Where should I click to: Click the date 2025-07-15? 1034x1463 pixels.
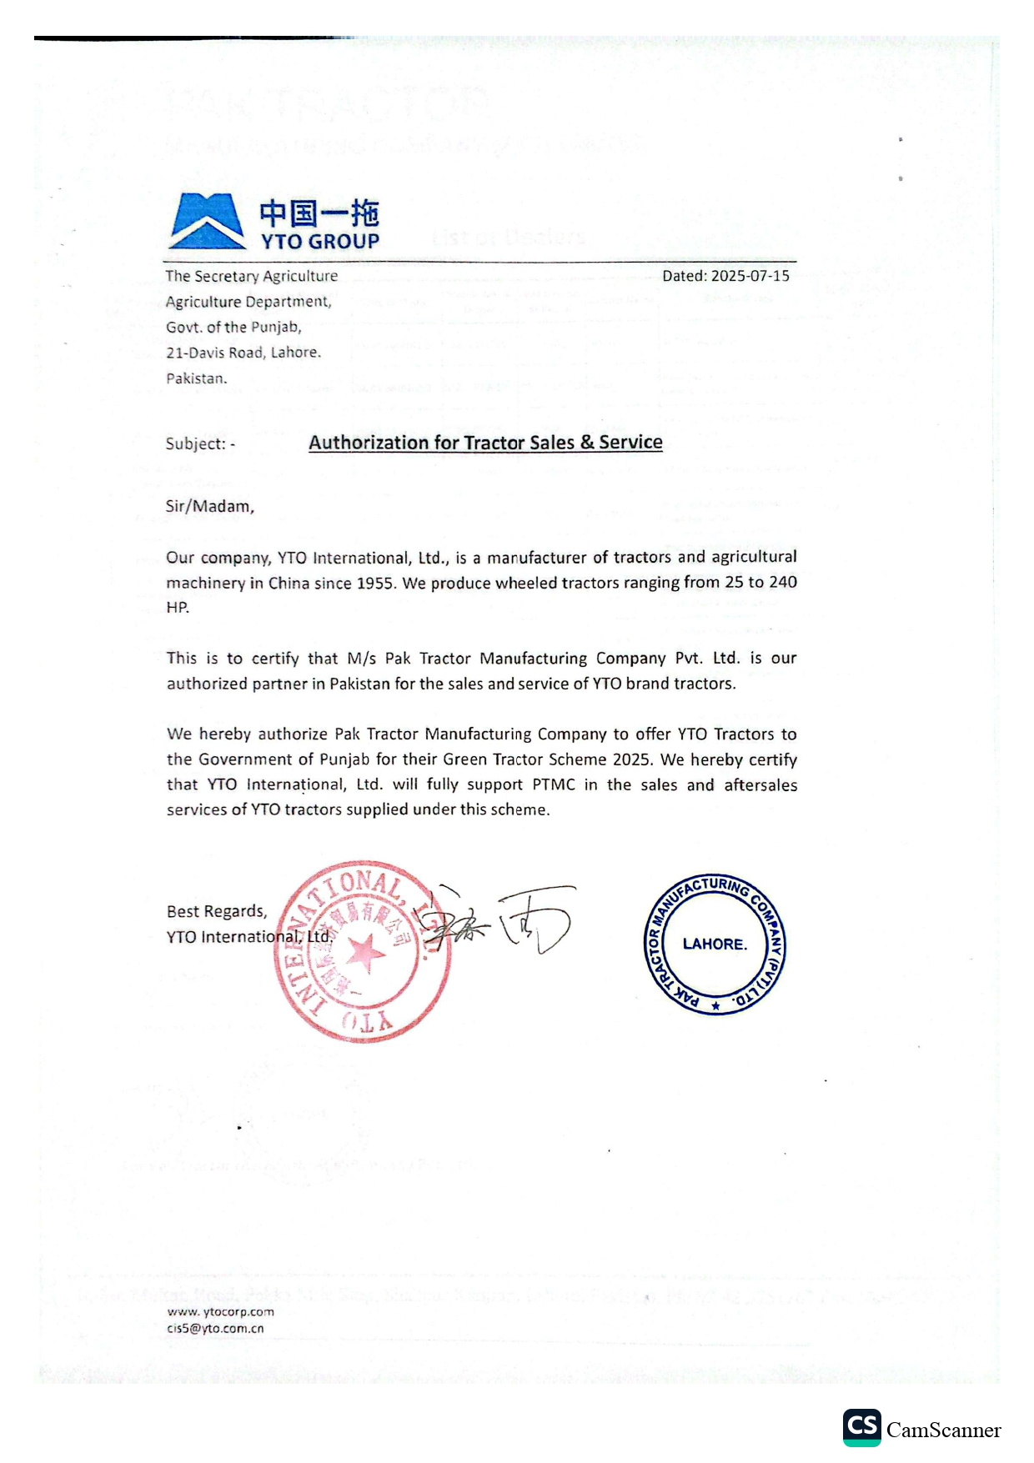coord(750,276)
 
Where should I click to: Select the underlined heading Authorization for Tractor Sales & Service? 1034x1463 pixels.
coord(485,443)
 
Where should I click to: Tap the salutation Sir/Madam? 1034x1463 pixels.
coord(209,506)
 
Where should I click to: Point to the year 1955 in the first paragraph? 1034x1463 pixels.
coord(375,583)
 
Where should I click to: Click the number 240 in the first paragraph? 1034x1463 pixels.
coord(783,582)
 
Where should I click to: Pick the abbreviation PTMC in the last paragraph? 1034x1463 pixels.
coord(554,784)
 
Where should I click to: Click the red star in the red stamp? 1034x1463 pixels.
coord(364,953)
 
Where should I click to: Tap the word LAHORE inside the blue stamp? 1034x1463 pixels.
coord(714,944)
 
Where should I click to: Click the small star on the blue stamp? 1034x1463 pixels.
coord(715,1005)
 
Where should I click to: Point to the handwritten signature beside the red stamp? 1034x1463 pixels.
coord(500,921)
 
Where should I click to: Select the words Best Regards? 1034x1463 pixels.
coord(217,911)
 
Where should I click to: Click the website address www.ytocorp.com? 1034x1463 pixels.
coord(220,1311)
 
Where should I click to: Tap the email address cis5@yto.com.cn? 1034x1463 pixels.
coord(215,1329)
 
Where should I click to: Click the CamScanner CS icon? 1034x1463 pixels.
coord(861,1427)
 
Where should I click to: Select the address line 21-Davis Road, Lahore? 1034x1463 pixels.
coord(243,353)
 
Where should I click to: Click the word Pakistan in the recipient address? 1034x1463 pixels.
coord(196,378)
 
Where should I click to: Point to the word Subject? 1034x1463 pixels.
coord(196,443)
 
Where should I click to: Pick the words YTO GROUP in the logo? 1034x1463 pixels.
coord(320,242)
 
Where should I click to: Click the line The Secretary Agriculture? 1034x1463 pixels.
coord(252,276)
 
